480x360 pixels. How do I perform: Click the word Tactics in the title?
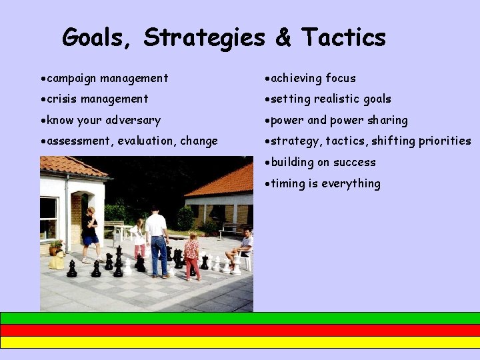click(343, 37)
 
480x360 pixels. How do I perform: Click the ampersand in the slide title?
click(283, 37)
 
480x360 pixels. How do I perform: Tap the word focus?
click(341, 79)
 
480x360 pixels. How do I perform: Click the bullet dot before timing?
click(267, 184)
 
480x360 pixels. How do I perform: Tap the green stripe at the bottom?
click(240, 318)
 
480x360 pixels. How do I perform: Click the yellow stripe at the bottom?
click(240, 342)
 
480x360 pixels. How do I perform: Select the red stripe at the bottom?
click(240, 330)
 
